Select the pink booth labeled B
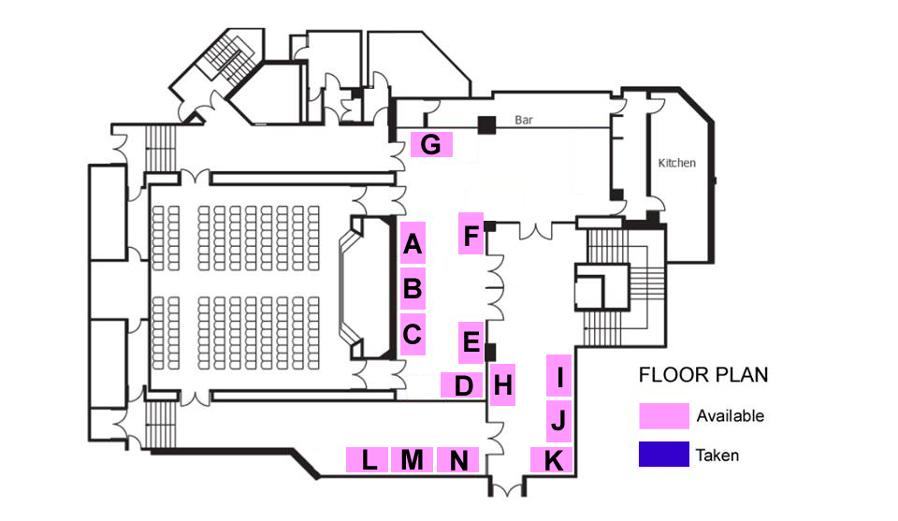click(413, 289)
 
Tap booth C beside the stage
click(413, 332)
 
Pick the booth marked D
click(462, 384)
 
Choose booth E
click(471, 342)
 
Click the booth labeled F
click(471, 234)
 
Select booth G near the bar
click(431, 145)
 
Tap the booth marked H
click(503, 384)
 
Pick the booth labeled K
click(554, 460)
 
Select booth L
click(369, 460)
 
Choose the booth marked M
click(413, 460)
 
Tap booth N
click(458, 460)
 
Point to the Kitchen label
click(677, 163)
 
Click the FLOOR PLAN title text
click(703, 375)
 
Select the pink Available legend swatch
click(663, 415)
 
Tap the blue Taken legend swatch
click(663, 455)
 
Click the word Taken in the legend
click(717, 456)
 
